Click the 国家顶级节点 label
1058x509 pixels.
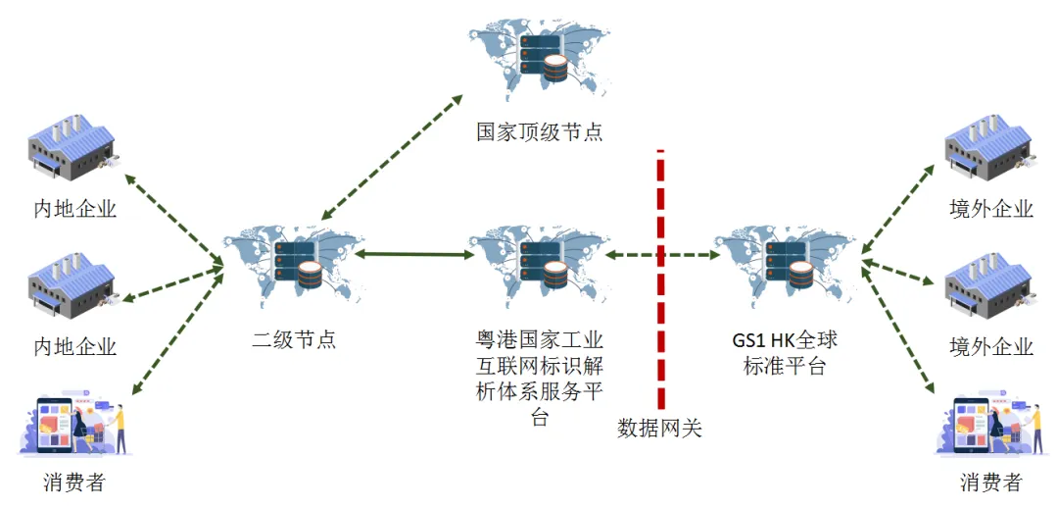[x=540, y=132]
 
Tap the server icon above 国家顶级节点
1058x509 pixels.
[x=542, y=55]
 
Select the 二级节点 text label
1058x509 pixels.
[x=294, y=340]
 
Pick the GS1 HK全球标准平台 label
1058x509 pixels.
[x=785, y=353]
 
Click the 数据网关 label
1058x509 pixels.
[x=660, y=428]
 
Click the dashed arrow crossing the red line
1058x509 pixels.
[x=662, y=255]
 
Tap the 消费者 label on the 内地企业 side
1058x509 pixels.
[x=74, y=483]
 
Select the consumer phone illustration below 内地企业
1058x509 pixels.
[x=74, y=428]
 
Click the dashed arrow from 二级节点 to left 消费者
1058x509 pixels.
[x=176, y=329]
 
